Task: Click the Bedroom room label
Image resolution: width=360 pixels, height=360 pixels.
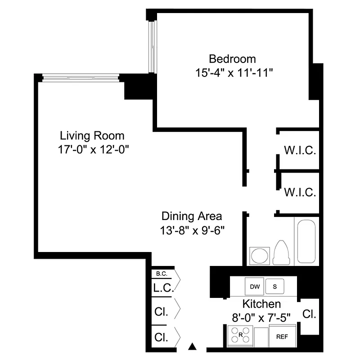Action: click(233, 59)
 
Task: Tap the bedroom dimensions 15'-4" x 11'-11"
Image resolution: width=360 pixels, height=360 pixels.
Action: click(233, 72)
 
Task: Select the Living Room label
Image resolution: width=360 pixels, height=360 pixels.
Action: click(92, 135)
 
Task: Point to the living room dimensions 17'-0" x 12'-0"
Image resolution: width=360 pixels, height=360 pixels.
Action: click(92, 149)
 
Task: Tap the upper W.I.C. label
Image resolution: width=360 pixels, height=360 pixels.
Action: click(300, 150)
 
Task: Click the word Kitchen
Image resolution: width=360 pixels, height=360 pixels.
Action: click(261, 304)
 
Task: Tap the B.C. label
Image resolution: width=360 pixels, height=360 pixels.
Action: click(161, 274)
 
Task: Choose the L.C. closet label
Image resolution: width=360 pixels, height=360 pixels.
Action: click(163, 288)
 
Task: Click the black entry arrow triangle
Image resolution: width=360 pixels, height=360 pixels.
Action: click(193, 346)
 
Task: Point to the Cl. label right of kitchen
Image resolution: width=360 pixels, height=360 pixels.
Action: click(309, 314)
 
